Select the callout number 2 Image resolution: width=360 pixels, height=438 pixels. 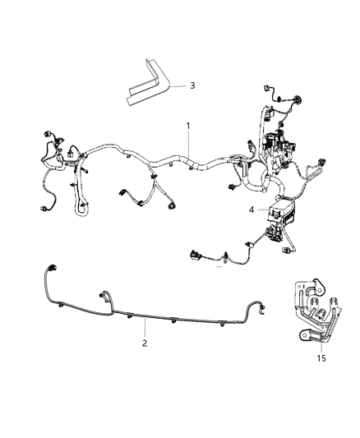(x=145, y=343)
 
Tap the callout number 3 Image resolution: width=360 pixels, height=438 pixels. (x=192, y=85)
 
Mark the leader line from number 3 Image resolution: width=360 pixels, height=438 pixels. (x=177, y=85)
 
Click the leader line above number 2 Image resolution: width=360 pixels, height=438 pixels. (x=145, y=327)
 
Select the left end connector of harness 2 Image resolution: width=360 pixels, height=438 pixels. (x=53, y=268)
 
